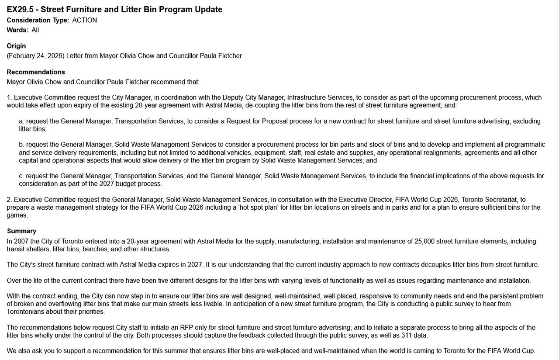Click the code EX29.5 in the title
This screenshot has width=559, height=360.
tap(20, 10)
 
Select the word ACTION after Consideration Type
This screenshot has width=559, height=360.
tap(85, 20)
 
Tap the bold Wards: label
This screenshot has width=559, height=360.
tap(17, 30)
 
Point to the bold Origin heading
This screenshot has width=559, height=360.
tap(16, 46)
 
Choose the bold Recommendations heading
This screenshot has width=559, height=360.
tap(36, 72)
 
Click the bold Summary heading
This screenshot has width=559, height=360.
tap(21, 231)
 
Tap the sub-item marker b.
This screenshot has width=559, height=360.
tap(21, 145)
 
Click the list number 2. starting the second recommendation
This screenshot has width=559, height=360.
tap(9, 200)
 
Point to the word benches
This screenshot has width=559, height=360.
tap(95, 249)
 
